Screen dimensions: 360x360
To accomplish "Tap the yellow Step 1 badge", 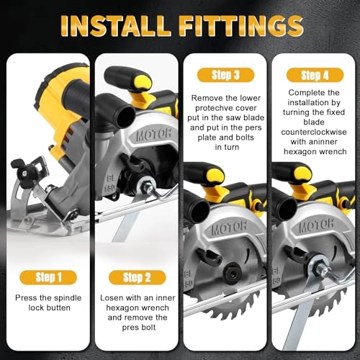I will pos(45,276).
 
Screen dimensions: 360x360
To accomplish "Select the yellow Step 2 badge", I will pos(132,277).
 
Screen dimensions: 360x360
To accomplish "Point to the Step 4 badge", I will pos(312,75).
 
